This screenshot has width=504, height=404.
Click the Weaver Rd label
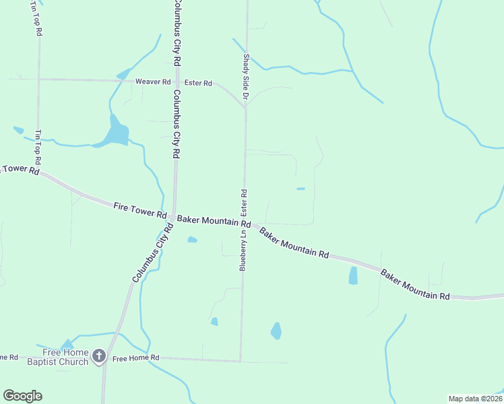pos(153,81)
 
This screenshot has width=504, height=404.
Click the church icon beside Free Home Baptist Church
pos(99,356)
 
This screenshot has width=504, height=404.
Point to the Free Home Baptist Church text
pos(65,357)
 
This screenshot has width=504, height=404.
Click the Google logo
pos(22,396)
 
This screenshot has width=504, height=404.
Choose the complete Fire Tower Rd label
pos(140,210)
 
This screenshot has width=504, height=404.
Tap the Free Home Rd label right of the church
pos(135,358)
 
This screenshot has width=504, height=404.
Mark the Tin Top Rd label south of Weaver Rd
pos(38,149)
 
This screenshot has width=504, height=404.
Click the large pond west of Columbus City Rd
pos(115,132)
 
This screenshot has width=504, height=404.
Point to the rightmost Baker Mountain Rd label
pos(415,285)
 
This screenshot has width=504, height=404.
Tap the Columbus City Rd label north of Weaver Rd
pos(177,32)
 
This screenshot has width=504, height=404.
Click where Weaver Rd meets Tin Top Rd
pos(38,79)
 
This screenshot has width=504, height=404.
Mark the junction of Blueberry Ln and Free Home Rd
pos(241,361)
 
